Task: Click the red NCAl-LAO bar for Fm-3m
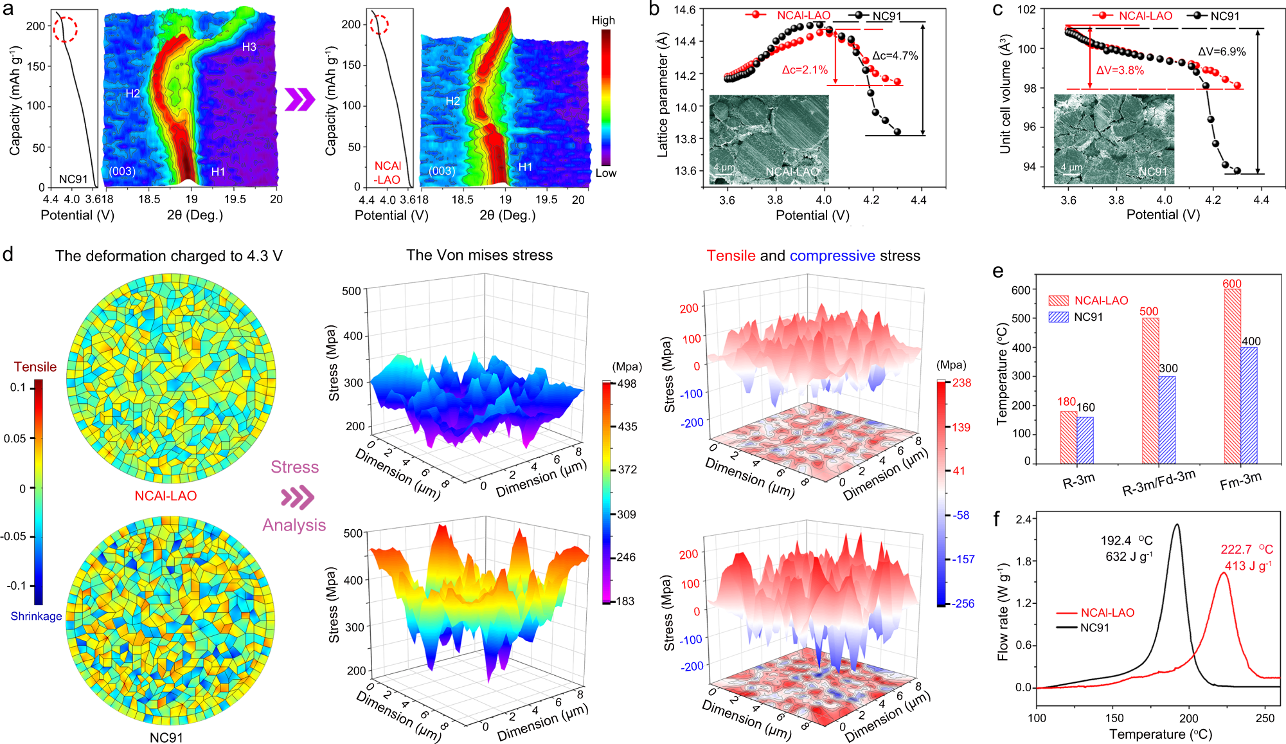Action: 1232,376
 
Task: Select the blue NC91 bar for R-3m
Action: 1085,440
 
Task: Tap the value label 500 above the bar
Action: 1148,311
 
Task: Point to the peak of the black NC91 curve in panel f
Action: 1177,525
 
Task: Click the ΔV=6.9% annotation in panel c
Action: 1222,51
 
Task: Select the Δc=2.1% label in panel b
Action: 805,69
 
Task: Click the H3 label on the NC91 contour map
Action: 249,47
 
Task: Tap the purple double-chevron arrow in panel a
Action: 300,99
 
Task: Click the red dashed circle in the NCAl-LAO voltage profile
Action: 379,24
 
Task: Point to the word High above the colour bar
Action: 603,21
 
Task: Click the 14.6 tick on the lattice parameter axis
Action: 684,10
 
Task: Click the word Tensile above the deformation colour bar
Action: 35,367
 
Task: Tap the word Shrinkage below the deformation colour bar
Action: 36,616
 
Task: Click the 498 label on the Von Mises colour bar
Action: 627,384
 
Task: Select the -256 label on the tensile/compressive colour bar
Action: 962,603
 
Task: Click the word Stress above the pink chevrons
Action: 294,467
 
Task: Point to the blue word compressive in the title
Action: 832,255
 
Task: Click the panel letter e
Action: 997,271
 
